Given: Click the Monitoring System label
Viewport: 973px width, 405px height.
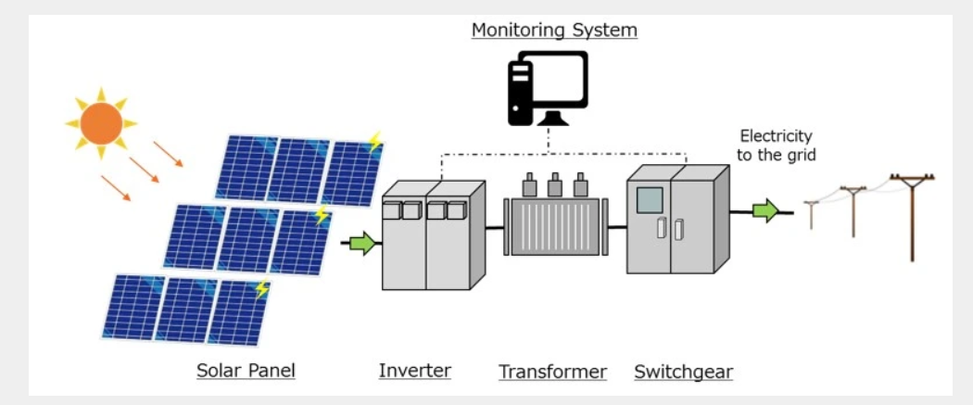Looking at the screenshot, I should coord(554,30).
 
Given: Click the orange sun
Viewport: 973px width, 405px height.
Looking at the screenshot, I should coord(101,123).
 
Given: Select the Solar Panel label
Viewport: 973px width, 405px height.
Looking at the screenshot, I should coord(246,371).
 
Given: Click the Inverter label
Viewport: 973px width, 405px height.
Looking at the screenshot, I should coord(414,371).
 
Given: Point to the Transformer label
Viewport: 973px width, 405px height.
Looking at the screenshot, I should coord(552,372).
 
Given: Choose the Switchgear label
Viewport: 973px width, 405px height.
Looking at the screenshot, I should coord(683,372).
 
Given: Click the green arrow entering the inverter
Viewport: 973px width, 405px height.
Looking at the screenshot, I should coord(362,244).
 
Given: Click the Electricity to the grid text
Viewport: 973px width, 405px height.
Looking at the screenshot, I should coord(776,146).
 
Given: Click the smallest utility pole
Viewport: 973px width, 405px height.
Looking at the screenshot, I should coord(812,214).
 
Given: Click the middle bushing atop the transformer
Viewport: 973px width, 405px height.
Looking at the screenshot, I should coord(554,185).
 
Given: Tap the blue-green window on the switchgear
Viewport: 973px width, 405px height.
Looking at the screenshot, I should coord(650,200).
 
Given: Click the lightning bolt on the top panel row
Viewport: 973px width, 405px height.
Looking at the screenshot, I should coord(374,142).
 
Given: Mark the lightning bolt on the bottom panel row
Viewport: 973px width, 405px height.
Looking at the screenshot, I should coord(261,289).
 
